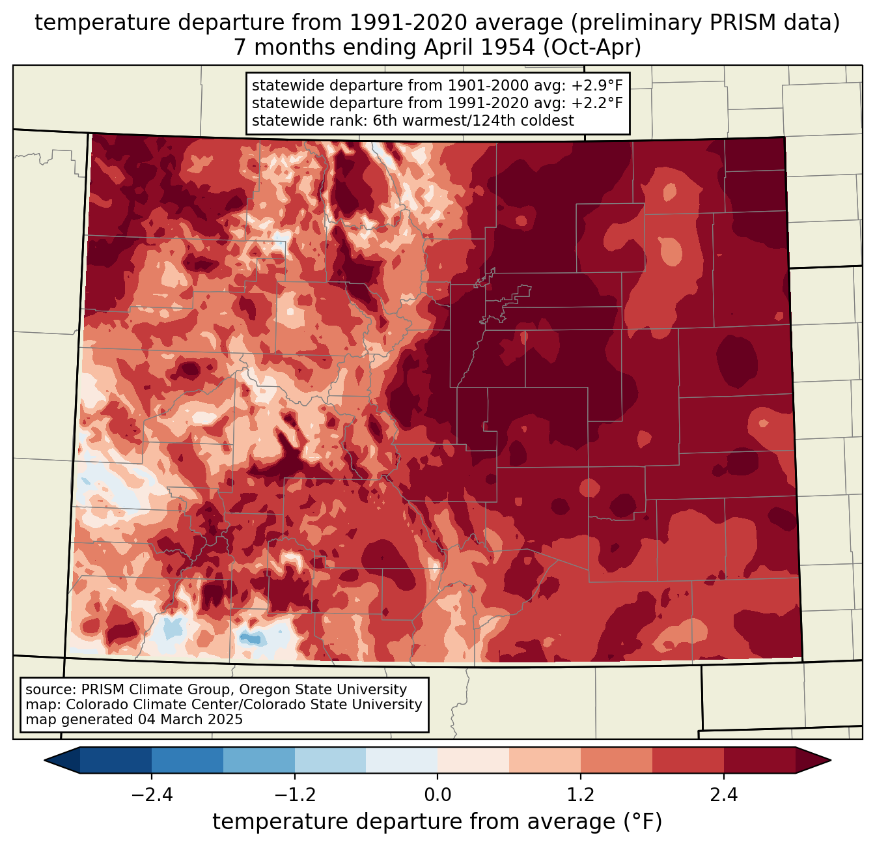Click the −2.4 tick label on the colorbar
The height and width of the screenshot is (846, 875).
152,795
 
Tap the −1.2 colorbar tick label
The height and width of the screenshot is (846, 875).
295,795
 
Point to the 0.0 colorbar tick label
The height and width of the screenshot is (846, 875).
437,795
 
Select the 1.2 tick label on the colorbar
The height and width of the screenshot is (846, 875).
581,795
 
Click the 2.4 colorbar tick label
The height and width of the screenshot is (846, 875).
723,795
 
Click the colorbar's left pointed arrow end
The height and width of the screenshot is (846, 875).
45,761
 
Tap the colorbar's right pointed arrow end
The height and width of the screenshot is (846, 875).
830,761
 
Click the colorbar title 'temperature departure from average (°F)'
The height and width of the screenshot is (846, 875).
437,822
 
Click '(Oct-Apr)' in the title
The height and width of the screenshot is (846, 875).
592,48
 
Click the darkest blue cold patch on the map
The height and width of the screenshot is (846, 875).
251,638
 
